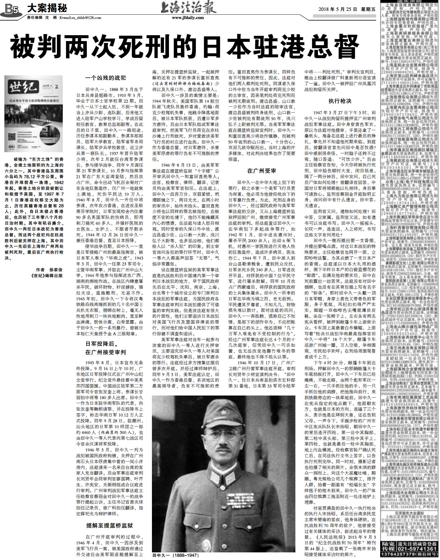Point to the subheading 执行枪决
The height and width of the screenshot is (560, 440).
coord(340,101)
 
